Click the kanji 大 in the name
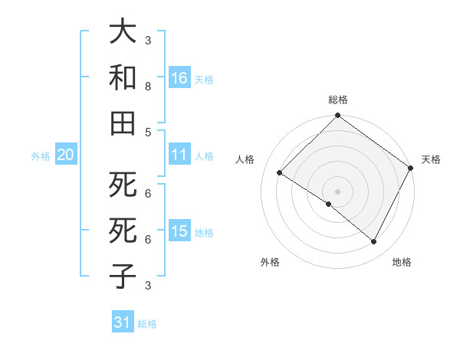click(123, 33)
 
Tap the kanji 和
click(123, 78)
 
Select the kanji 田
click(123, 123)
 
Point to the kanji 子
click(123, 276)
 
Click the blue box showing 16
click(179, 78)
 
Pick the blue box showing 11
click(179, 155)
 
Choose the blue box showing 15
click(179, 232)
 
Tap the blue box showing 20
click(65, 155)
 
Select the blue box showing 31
click(123, 322)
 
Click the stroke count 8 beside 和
click(148, 87)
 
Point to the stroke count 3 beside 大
click(148, 40)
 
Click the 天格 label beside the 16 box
click(204, 80)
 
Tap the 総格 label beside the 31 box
click(147, 324)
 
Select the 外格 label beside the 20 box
click(41, 156)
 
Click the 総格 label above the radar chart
click(338, 100)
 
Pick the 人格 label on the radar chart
click(245, 159)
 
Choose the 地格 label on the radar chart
click(402, 262)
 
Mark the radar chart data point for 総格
click(337, 116)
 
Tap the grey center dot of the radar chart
click(337, 191)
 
